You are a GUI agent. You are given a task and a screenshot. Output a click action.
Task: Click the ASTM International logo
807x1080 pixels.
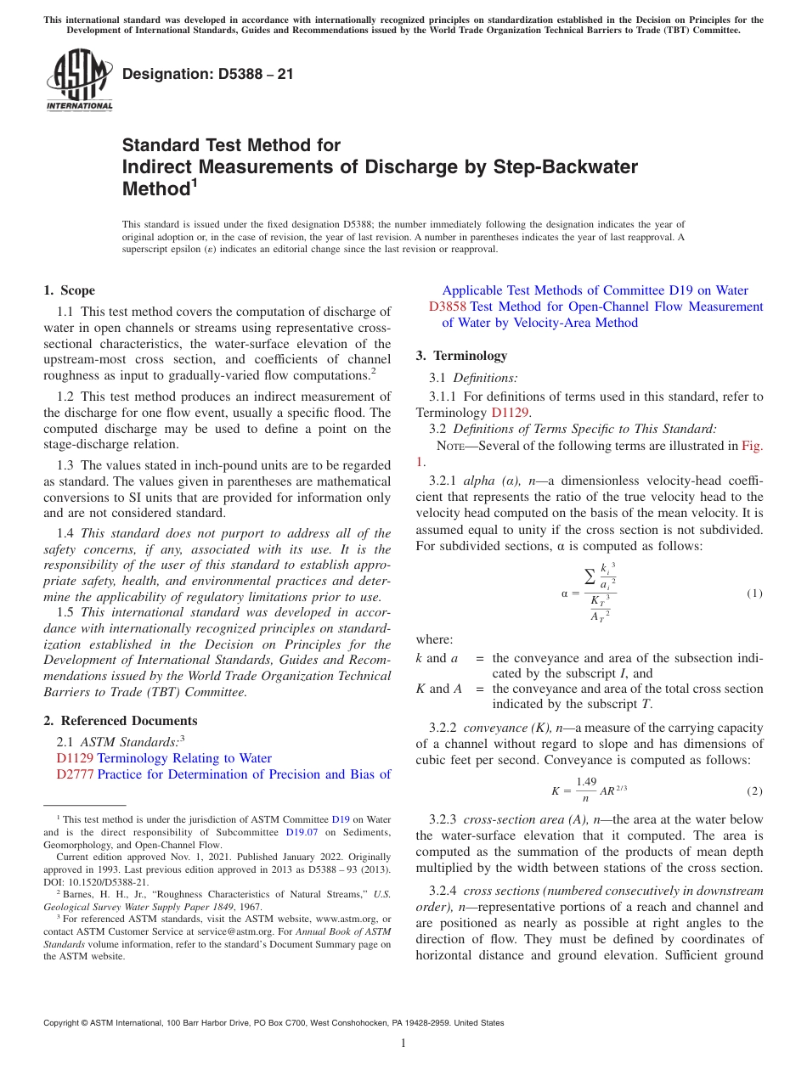[x=79, y=81]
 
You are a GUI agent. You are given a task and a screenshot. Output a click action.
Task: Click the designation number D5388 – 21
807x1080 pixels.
[x=208, y=74]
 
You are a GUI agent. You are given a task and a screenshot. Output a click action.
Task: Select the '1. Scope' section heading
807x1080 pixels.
[x=70, y=290]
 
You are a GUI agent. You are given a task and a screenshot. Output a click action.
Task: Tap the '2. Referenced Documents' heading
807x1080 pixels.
[x=121, y=721]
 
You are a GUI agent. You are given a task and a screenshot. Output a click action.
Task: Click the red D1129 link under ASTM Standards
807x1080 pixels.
[x=75, y=758]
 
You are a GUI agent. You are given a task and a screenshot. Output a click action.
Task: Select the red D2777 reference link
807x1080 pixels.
[x=75, y=774]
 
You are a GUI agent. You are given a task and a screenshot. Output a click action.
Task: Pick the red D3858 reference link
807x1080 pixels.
[x=447, y=307]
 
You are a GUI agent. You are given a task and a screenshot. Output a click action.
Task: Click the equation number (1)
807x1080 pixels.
[x=754, y=593]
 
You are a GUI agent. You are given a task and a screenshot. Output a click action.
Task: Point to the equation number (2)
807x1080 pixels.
[x=754, y=791]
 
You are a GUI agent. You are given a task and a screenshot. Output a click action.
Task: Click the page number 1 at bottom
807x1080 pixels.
[x=403, y=1043]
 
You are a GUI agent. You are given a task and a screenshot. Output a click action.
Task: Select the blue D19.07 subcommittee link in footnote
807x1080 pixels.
[x=302, y=832]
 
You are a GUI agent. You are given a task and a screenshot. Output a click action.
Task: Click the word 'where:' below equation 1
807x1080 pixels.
[x=435, y=639]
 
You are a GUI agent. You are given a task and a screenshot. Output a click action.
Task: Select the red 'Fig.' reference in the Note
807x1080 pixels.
[x=752, y=446]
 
